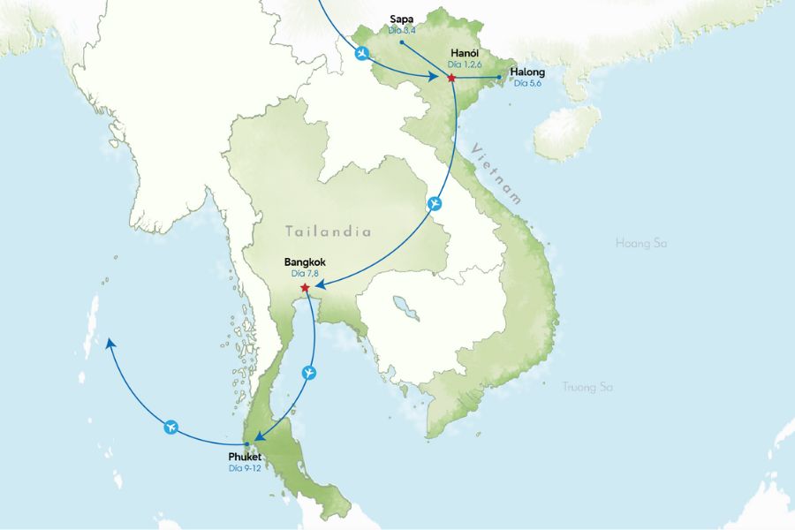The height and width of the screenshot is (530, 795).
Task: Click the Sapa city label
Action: pos(401,19)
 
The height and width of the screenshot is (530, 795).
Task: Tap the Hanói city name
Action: pos(465,52)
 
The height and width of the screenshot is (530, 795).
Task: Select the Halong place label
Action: pos(527,72)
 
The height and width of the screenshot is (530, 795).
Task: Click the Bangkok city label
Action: pos(306,262)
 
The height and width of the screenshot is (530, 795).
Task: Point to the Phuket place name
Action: pos(246,457)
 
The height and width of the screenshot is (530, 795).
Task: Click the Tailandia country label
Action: pos(328,231)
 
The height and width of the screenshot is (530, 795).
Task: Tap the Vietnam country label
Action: pos(496,173)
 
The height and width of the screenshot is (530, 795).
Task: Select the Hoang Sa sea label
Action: pos(640,242)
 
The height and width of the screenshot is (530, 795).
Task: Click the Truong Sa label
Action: pos(587,387)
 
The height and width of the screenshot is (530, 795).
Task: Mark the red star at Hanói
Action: pos(451,79)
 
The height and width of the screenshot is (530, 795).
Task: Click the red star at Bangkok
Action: pos(305,288)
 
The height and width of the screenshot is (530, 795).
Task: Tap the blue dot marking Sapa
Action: pos(401,41)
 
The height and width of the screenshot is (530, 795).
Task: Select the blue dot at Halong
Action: pos(499,77)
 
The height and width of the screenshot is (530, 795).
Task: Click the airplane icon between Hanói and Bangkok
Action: pos(434,204)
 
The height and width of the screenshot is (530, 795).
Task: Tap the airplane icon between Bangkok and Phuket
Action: pos(308,372)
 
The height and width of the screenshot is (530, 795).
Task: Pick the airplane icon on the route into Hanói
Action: pos(361,53)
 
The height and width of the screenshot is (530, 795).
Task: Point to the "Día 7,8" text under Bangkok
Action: pos(306,274)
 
